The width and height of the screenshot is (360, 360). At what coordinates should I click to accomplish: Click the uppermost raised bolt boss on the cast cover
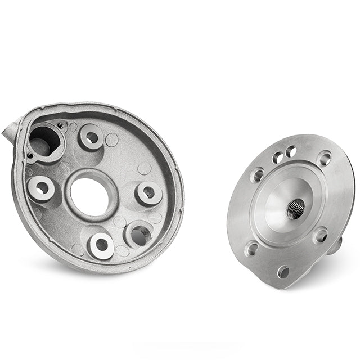91,137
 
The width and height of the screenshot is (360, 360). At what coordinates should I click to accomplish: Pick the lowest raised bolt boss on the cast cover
102,245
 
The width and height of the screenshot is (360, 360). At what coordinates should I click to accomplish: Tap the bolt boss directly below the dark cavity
41,188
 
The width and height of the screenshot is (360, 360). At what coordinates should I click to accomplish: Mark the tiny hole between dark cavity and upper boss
60,124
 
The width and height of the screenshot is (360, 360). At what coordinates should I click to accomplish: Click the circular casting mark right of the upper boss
112,139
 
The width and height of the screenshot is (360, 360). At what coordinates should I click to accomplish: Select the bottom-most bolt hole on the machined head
283,272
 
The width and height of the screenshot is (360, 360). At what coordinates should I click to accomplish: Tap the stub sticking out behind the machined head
336,244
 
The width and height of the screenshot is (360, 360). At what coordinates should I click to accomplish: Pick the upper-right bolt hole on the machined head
325,158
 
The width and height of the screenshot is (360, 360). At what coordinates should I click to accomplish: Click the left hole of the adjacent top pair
278,158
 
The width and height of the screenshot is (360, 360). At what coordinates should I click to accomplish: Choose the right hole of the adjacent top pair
291,151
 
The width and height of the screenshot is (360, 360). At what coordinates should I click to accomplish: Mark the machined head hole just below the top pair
258,174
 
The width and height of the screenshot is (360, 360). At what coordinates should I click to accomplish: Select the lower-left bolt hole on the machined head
251,248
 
